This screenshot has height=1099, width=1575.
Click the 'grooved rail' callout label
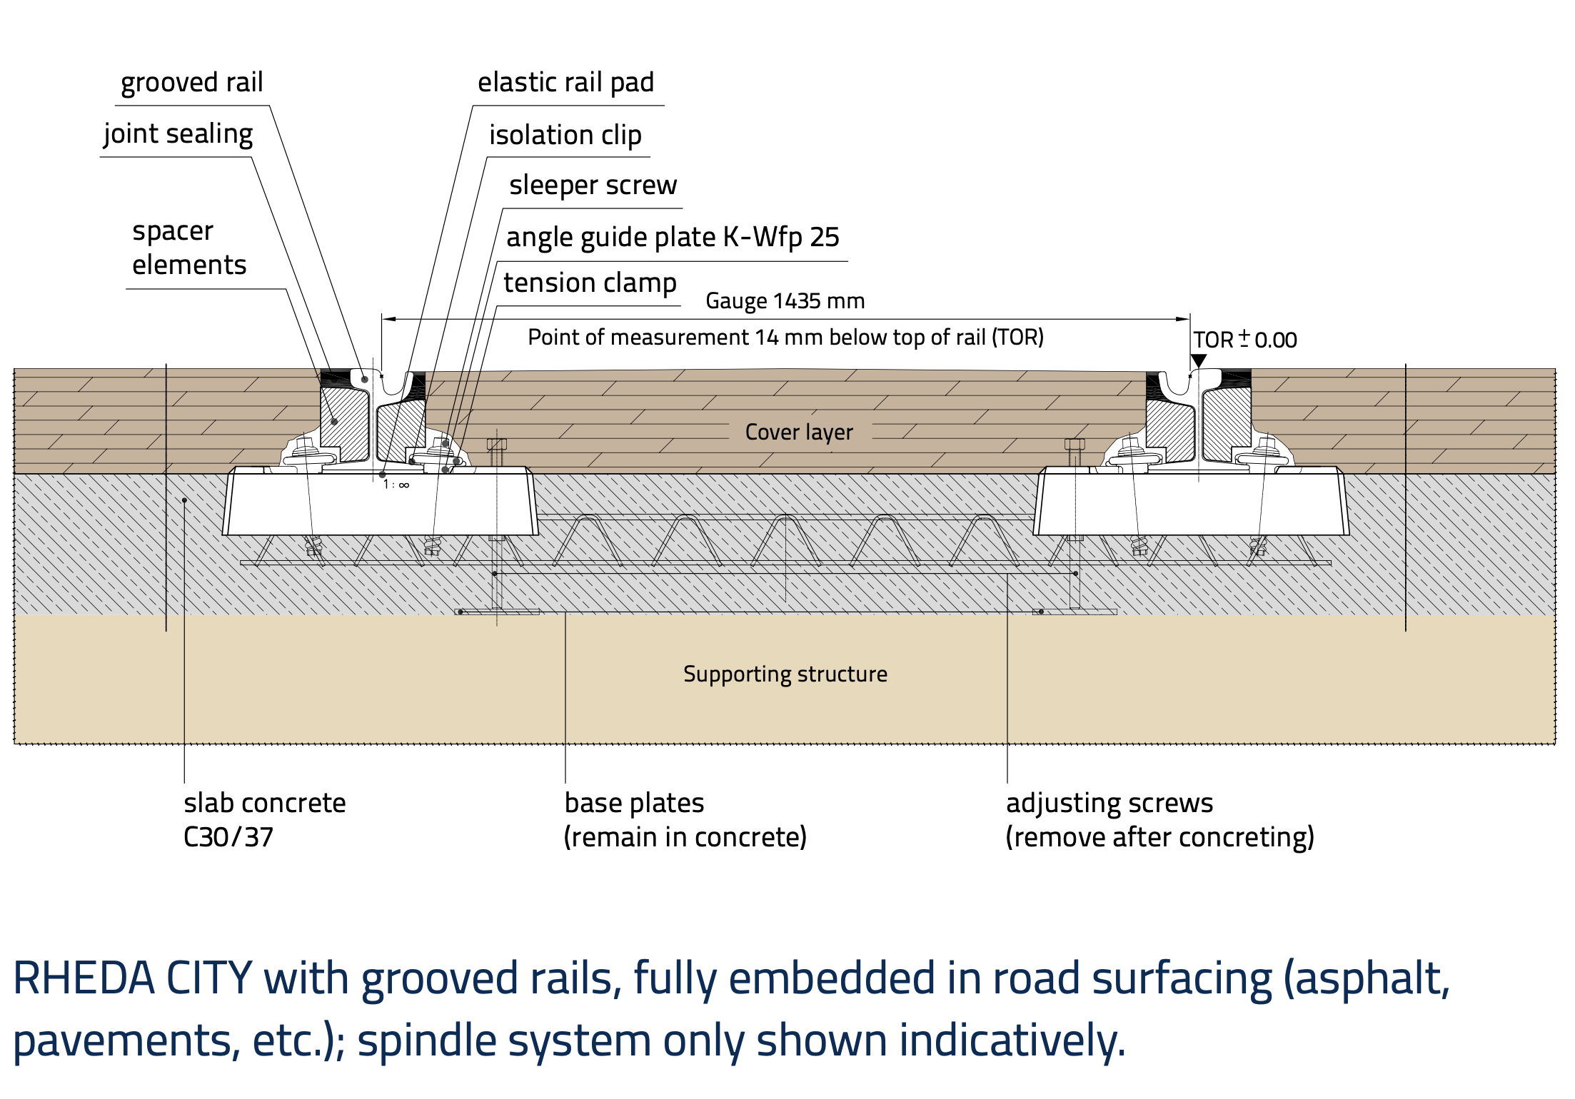pyautogui.click(x=191, y=83)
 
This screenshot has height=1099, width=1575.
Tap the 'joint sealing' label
pyautogui.click(x=178, y=134)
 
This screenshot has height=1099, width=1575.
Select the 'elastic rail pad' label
pyautogui.click(x=565, y=83)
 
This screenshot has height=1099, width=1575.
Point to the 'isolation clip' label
pyautogui.click(x=565, y=135)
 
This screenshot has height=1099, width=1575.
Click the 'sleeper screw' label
pyautogui.click(x=593, y=186)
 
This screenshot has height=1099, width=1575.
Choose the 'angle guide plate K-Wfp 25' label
pyautogui.click(x=673, y=238)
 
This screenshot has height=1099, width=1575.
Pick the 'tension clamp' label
pyautogui.click(x=590, y=283)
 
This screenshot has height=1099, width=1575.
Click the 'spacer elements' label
pyautogui.click(x=189, y=248)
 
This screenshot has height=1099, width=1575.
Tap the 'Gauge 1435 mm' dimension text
pyautogui.click(x=785, y=301)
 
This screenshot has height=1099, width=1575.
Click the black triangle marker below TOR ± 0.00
pyautogui.click(x=1199, y=360)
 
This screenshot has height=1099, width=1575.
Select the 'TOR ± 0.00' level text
pyautogui.click(x=1244, y=340)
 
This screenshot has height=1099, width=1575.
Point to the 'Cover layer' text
pyautogui.click(x=799, y=432)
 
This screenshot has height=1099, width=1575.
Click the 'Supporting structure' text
pyautogui.click(x=785, y=674)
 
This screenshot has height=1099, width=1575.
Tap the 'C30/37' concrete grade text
pyautogui.click(x=228, y=837)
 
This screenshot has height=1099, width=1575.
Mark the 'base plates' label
pyautogui.click(x=634, y=804)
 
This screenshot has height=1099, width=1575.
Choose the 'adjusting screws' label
pyautogui.click(x=1109, y=804)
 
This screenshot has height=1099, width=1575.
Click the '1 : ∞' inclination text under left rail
pyautogui.click(x=396, y=485)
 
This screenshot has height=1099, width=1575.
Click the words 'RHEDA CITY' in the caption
pyautogui.click(x=133, y=978)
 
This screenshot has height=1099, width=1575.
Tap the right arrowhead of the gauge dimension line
pyautogui.click(x=1184, y=319)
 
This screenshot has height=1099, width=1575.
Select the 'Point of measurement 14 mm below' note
pyautogui.click(x=785, y=338)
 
